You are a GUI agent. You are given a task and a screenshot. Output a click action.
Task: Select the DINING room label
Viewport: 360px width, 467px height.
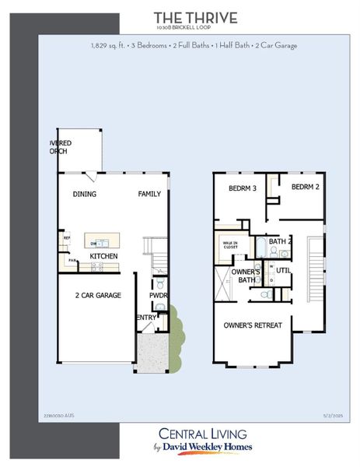pos(85,194)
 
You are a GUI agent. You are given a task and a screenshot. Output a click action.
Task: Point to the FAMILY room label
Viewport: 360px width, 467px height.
pos(150,194)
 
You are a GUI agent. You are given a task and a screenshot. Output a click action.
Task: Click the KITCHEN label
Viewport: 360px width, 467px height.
pos(103,256)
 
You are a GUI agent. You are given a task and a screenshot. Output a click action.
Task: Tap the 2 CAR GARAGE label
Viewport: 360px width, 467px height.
pos(98,296)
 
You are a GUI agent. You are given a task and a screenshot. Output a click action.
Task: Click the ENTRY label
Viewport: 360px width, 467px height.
pos(146,318)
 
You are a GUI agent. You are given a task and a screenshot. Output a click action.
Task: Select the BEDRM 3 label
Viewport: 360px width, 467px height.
pos(243,189)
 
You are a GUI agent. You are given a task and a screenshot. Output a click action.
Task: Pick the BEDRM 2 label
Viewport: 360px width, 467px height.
pos(306,188)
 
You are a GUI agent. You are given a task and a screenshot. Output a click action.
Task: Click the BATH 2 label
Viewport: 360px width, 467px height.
pos(280,242)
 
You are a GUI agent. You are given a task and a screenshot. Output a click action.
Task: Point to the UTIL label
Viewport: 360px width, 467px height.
pos(283,270)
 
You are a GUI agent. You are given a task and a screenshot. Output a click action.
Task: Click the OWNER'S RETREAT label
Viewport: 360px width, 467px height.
pos(253,325)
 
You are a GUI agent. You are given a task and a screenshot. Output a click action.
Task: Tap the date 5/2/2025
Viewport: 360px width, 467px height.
pos(321,417)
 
